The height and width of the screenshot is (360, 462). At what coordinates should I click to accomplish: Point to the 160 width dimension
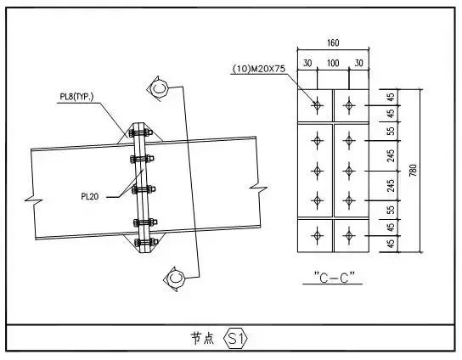(x=332, y=42)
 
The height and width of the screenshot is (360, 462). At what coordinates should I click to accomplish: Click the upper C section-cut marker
(x=160, y=87)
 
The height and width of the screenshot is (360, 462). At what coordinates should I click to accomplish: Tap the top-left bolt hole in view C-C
(x=316, y=105)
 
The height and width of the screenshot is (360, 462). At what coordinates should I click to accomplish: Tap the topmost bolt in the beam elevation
(x=140, y=133)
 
